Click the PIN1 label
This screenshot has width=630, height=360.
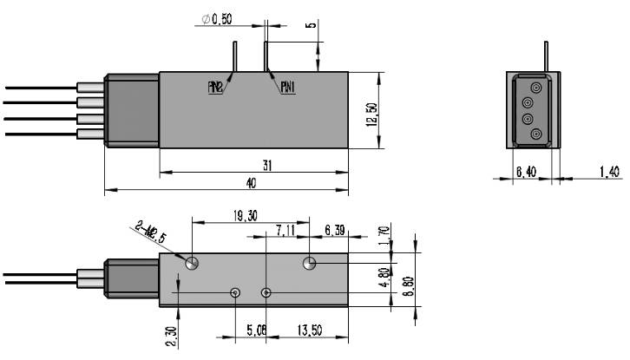click(289, 87)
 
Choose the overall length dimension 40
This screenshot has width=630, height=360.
click(251, 183)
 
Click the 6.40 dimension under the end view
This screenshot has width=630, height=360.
click(525, 173)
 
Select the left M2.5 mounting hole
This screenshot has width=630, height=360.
click(192, 262)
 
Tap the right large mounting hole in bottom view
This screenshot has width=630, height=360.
click(310, 262)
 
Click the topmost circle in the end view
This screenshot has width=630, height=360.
click(536, 88)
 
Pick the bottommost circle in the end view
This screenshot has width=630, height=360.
click(536, 134)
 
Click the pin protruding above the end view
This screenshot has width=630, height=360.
click(545, 56)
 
